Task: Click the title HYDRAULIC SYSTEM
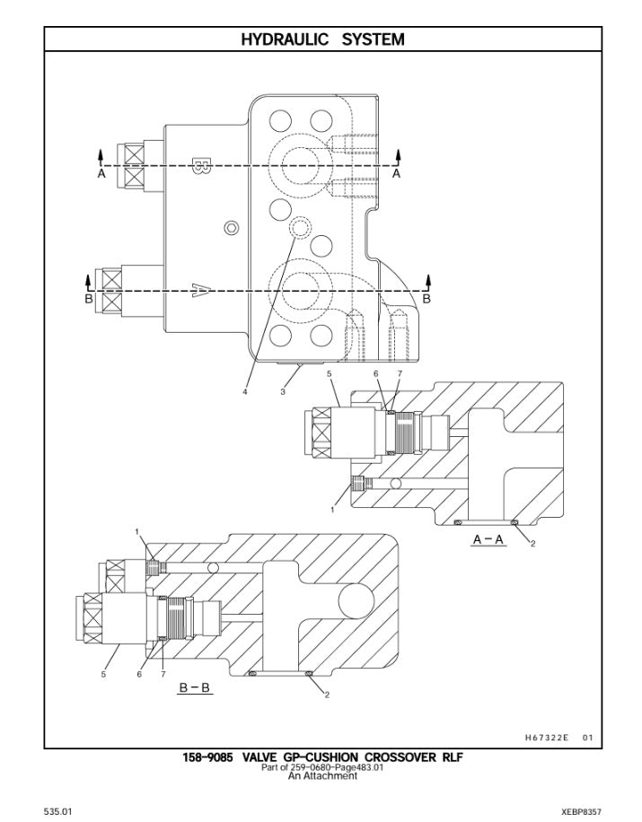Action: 322,39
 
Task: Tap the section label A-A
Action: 488,539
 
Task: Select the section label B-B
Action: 194,688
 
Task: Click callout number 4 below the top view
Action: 244,391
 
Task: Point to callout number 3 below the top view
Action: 283,391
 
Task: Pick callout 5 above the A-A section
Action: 330,372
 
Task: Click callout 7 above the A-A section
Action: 400,372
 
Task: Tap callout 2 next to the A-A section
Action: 532,544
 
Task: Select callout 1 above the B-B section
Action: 137,531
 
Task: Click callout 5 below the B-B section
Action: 103,674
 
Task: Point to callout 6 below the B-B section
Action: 139,674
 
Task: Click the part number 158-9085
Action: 207,757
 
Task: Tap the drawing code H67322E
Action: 547,738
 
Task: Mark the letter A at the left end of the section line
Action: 101,175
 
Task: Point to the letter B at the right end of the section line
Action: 427,299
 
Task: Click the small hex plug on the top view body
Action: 233,226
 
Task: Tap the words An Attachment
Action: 322,776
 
